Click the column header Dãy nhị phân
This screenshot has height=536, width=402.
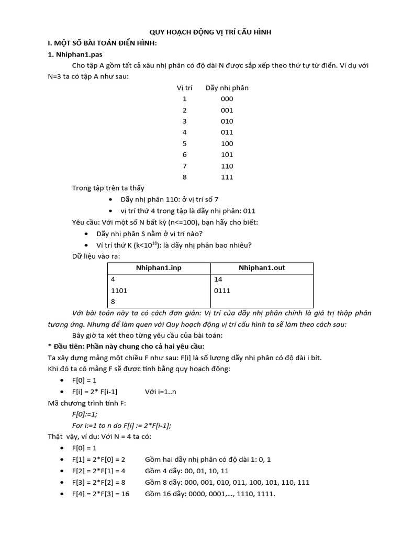tap(227, 87)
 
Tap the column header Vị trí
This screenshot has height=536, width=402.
tap(184, 87)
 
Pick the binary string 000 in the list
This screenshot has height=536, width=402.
tap(227, 99)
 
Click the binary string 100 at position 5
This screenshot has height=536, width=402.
tap(227, 143)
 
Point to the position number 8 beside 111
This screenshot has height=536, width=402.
tap(184, 177)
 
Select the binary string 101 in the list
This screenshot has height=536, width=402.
tap(227, 155)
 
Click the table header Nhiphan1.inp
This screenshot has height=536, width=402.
tap(158, 268)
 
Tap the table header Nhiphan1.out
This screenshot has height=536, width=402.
tap(262, 268)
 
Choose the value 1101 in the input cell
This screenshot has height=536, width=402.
tap(119, 291)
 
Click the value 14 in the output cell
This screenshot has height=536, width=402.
tap(218, 280)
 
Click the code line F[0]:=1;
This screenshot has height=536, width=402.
tap(85, 414)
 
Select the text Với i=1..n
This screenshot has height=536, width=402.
tap(161, 392)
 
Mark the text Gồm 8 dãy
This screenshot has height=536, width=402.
tap(164, 482)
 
